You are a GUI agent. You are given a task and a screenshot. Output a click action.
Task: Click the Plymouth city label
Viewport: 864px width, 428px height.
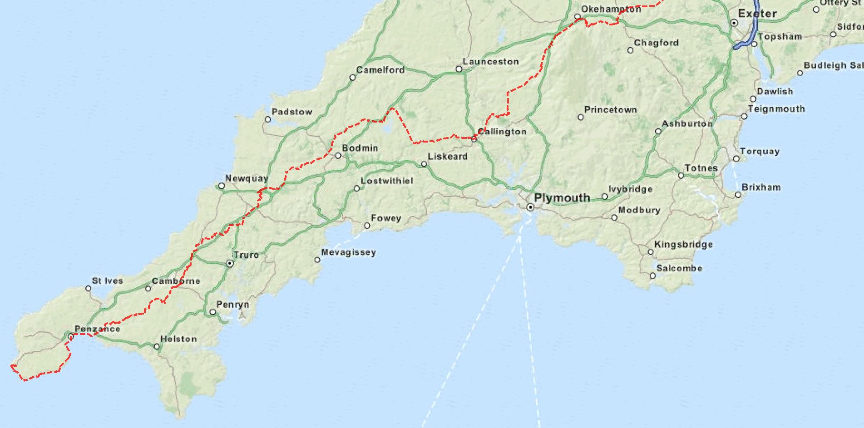(562, 198)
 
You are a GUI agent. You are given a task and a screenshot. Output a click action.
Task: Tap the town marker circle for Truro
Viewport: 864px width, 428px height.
(230, 263)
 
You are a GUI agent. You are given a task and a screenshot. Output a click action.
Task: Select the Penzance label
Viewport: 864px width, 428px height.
(97, 329)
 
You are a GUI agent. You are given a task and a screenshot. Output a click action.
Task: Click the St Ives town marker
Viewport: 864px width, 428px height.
(89, 288)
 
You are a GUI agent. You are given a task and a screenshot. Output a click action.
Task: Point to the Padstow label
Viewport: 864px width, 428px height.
(291, 112)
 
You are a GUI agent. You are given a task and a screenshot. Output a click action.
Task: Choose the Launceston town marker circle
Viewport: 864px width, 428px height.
(459, 69)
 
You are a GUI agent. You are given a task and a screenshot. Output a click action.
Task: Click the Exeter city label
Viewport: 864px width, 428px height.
(757, 14)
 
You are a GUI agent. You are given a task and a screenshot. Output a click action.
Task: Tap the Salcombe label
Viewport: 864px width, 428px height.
(679, 268)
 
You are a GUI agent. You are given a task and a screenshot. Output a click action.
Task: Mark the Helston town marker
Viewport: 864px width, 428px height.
(157, 347)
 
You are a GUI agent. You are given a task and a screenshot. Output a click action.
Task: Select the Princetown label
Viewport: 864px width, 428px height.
(610, 109)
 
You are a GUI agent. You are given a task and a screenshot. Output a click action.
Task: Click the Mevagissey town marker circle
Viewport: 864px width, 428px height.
(317, 260)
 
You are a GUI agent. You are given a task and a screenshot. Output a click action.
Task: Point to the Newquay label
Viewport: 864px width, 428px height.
(247, 178)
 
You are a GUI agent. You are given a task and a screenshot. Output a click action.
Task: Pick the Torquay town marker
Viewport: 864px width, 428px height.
(736, 159)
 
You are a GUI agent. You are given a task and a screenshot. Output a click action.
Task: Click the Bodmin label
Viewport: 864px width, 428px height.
(360, 148)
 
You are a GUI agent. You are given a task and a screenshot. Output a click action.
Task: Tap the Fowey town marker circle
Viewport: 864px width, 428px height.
(367, 226)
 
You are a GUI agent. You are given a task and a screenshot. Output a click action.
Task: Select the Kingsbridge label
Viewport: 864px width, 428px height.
(683, 245)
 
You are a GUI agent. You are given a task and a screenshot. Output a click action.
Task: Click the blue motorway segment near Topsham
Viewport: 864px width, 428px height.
(744, 43)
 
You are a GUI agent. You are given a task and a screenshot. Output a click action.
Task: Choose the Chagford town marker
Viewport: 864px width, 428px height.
(630, 50)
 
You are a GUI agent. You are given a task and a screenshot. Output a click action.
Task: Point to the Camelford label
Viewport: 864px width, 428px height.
(380, 70)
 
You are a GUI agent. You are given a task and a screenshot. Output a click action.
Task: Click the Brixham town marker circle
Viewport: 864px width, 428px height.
(738, 195)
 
